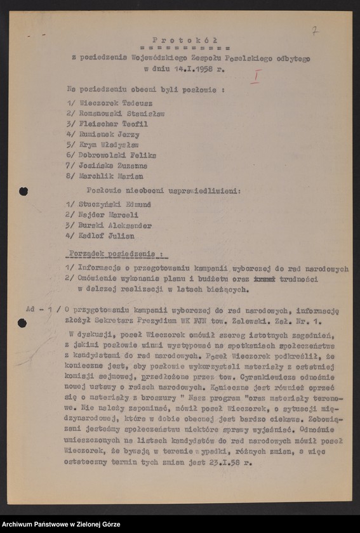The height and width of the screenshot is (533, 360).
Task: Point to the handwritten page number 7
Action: pos(316,30)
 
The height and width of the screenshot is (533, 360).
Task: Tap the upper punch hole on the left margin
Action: pos(23,191)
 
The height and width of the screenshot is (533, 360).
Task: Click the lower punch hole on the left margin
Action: pos(22,322)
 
